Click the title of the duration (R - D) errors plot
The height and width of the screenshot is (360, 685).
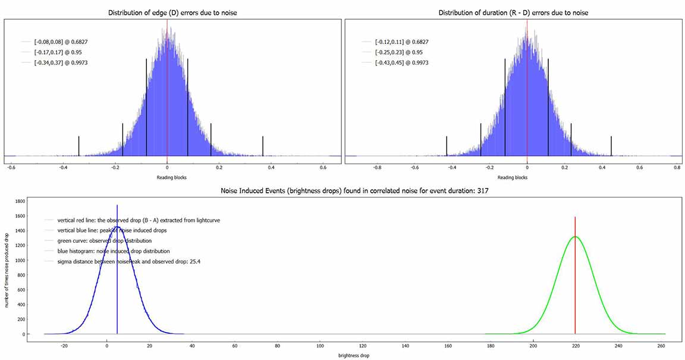pyautogui.click(x=513, y=12)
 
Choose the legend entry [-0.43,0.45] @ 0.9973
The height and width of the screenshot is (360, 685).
pyautogui.click(x=401, y=62)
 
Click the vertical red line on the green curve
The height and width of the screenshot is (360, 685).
pyautogui.click(x=575, y=280)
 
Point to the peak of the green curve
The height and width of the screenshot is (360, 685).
pyautogui.click(x=575, y=237)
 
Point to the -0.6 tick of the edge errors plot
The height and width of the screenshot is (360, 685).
pyautogui.click(x=11, y=167)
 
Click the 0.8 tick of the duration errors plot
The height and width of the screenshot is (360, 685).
pyautogui.click(x=677, y=167)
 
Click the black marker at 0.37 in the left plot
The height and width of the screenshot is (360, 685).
pyautogui.click(x=263, y=146)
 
